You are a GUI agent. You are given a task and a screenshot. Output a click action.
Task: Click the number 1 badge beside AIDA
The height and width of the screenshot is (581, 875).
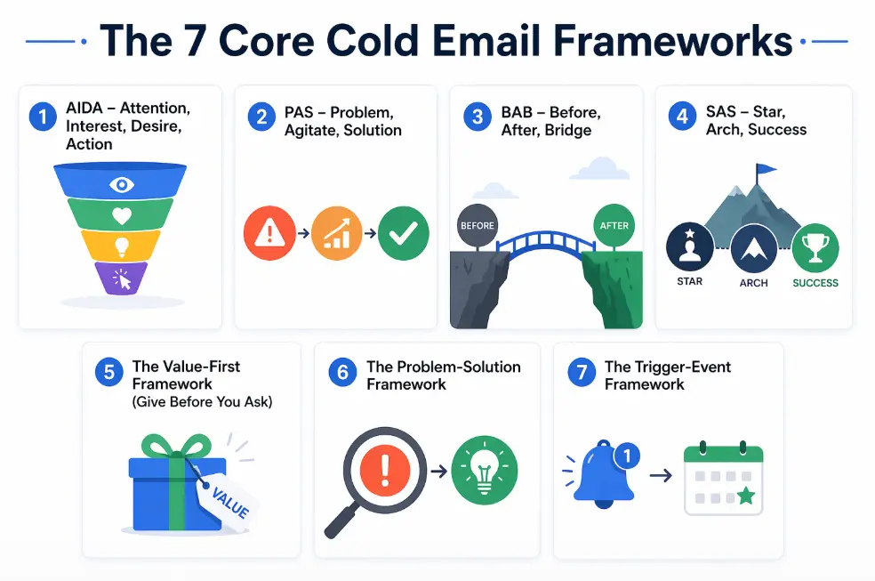point(42,117)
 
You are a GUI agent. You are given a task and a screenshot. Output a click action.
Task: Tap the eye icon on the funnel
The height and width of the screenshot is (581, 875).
point(121,184)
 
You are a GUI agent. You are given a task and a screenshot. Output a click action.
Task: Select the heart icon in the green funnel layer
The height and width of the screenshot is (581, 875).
point(121,214)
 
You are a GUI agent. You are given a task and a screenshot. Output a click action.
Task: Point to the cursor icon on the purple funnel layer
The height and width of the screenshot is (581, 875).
point(122,279)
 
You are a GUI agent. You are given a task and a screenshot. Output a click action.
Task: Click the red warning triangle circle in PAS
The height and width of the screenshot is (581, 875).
point(269,233)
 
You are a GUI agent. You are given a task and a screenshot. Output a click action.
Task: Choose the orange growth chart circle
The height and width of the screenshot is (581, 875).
point(336,233)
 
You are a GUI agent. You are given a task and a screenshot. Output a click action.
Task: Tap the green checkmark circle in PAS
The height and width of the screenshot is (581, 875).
point(403,233)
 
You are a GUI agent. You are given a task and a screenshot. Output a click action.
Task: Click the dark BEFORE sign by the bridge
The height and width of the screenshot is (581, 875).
point(478,225)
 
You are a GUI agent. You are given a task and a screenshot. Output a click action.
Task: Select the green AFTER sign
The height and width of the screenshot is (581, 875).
point(614,225)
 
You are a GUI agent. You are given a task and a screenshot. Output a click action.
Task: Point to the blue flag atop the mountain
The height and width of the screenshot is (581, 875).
point(764,169)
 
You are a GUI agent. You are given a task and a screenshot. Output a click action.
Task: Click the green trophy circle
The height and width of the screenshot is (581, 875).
point(815,247)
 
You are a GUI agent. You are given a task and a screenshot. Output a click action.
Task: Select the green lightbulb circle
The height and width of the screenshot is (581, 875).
point(485,470)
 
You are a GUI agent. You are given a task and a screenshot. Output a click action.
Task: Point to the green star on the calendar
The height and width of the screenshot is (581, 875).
point(745,496)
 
